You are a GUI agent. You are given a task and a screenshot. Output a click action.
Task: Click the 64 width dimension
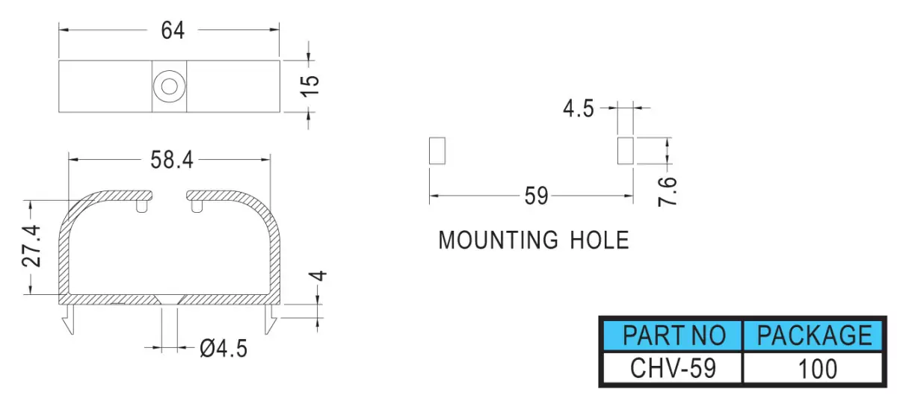point(173,31)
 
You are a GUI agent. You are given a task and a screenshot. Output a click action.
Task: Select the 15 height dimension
point(310,86)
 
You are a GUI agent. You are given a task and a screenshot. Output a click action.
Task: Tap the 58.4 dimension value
point(172,160)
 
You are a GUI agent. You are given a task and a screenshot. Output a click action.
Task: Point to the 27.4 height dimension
point(31,246)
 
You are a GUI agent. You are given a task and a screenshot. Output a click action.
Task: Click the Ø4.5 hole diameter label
point(224,349)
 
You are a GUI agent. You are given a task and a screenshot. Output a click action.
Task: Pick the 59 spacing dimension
point(536,196)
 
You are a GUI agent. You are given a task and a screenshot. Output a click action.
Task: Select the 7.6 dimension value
point(668,192)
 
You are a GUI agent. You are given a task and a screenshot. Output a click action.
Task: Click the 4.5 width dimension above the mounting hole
point(579,108)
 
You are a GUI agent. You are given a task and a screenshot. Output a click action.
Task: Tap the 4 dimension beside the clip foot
point(318,276)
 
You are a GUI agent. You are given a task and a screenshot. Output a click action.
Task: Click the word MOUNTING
point(498,240)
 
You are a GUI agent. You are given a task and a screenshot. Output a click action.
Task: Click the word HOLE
point(599,240)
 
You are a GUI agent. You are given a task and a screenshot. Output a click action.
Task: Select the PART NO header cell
point(673,335)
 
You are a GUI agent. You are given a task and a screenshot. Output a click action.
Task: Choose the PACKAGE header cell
point(814,335)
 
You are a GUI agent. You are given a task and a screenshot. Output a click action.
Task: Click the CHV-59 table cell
point(673,368)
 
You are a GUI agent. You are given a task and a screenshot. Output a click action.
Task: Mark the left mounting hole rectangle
point(437,151)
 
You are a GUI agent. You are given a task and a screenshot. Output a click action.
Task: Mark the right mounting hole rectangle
point(626,151)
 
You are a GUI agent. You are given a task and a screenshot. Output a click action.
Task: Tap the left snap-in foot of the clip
point(69,319)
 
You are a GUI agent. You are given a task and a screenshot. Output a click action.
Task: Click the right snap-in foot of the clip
point(271,319)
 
